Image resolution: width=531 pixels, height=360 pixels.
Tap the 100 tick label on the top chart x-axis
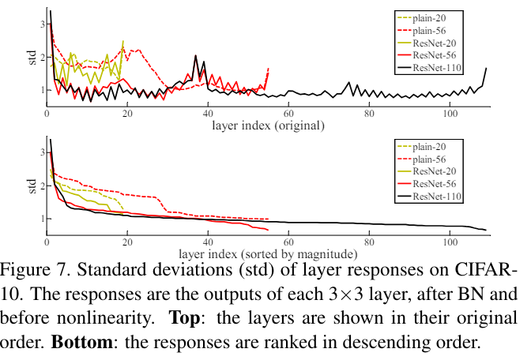[x=450, y=113]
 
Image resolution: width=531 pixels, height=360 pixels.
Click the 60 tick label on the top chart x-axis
[x=289, y=113]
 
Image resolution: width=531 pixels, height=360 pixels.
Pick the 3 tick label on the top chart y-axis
[x=40, y=24]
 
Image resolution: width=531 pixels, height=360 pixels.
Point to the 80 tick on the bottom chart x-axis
[x=370, y=242]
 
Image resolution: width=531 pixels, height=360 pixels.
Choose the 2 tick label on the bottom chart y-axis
[x=40, y=186]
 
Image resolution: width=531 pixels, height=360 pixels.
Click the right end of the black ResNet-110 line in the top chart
[x=485, y=69]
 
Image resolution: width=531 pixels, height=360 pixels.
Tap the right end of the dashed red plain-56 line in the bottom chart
[x=269, y=219]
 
